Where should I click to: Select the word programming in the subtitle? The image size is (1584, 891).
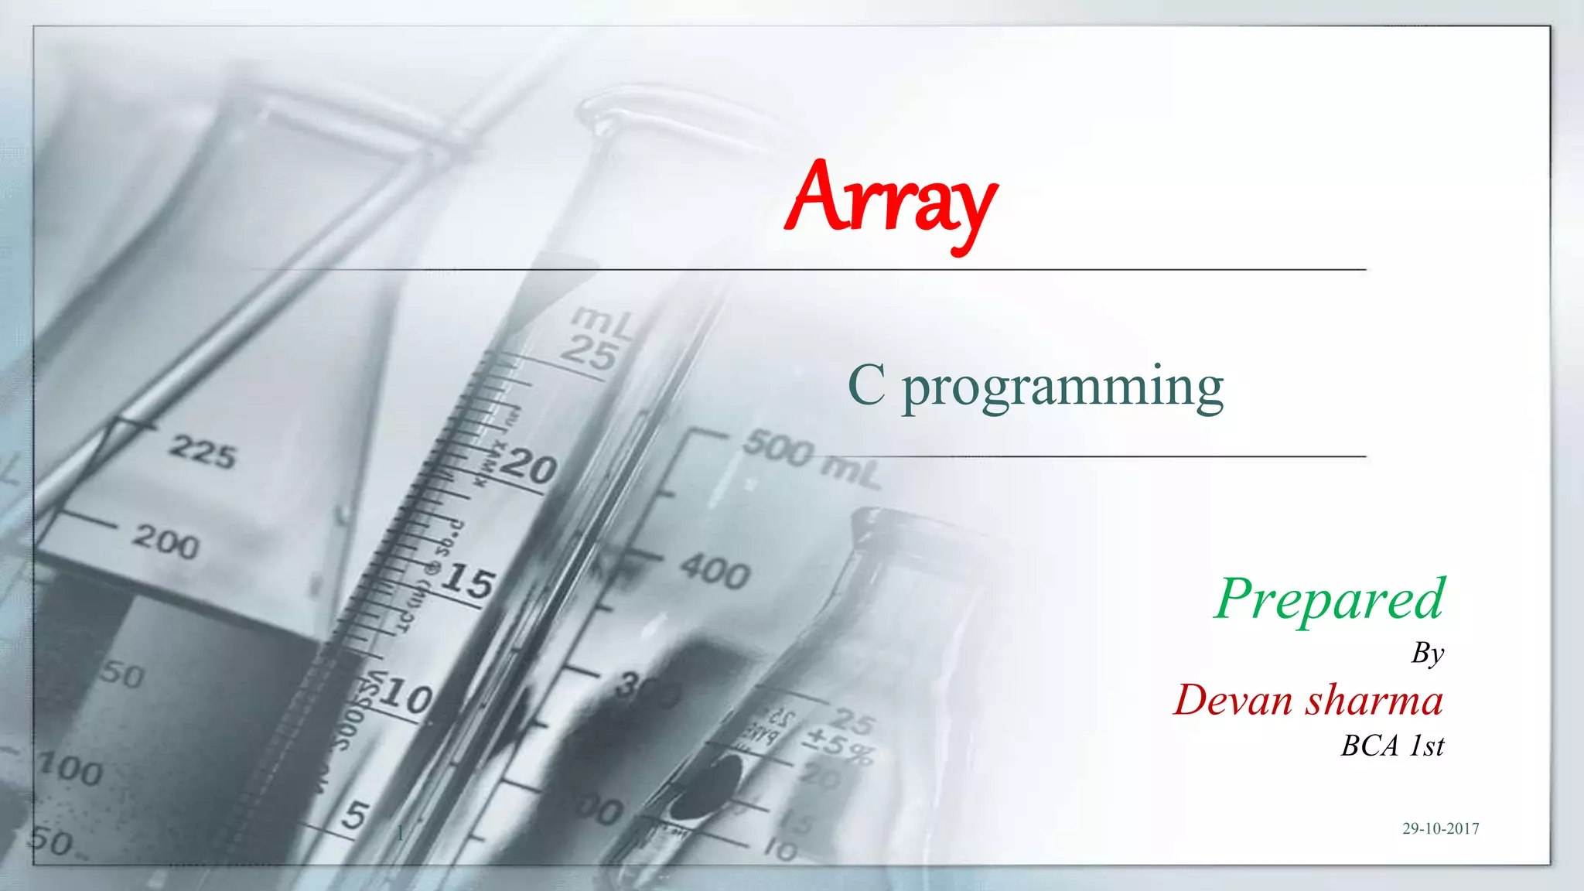click(x=1063, y=388)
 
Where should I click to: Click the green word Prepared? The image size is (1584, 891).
click(x=1329, y=600)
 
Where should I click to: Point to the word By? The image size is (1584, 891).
click(x=1427, y=654)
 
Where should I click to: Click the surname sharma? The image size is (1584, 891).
click(x=1374, y=701)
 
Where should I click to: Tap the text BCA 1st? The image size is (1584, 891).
click(x=1392, y=746)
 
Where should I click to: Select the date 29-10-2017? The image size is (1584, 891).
click(x=1440, y=828)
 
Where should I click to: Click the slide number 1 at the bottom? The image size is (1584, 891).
click(x=400, y=833)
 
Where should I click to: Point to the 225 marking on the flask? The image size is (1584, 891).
click(x=203, y=452)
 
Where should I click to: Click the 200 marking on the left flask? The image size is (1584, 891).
click(x=166, y=541)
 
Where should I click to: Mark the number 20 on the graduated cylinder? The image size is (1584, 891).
click(x=529, y=467)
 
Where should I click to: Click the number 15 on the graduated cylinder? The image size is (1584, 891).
click(x=467, y=580)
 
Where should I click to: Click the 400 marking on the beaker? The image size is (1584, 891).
click(x=715, y=573)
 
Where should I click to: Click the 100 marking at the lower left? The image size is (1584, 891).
click(x=71, y=770)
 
